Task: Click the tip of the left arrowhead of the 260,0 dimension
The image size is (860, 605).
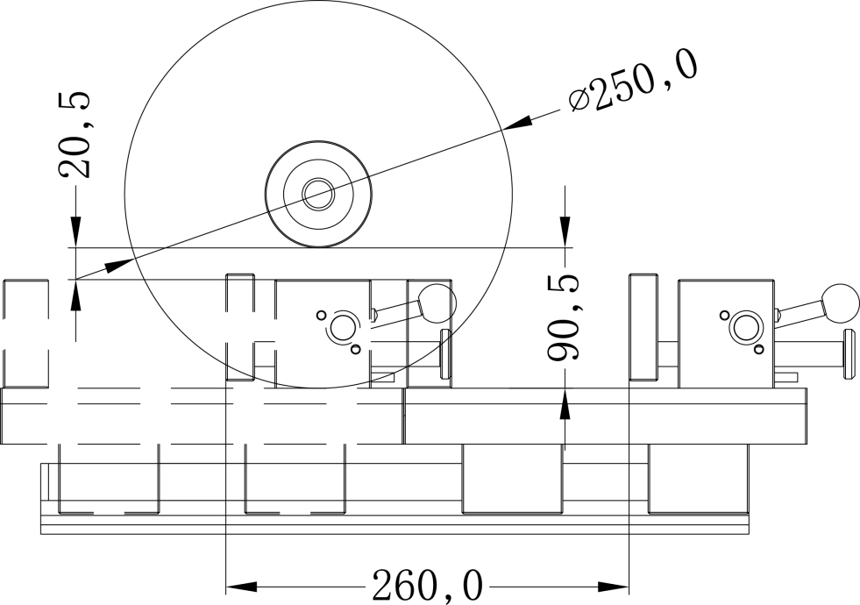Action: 226,587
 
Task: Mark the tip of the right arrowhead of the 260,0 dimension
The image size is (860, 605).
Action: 629,587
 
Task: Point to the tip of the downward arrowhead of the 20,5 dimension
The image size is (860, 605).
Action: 75,247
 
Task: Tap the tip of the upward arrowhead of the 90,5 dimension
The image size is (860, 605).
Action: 565,388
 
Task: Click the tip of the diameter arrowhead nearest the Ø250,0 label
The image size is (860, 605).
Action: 503,130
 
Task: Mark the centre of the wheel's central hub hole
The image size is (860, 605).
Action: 318,194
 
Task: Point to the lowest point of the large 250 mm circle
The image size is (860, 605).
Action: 318,388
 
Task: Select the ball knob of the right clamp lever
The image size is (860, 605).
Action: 841,302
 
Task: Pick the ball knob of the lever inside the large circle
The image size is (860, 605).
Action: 437,302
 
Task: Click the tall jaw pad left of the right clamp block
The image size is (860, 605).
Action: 643,327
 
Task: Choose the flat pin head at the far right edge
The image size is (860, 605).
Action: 849,353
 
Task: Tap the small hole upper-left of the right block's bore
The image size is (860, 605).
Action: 724,315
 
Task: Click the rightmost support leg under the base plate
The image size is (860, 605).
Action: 698,478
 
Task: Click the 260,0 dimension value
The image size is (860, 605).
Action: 428,586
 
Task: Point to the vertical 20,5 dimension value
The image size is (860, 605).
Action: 75,134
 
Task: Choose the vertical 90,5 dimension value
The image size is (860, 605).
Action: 564,317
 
